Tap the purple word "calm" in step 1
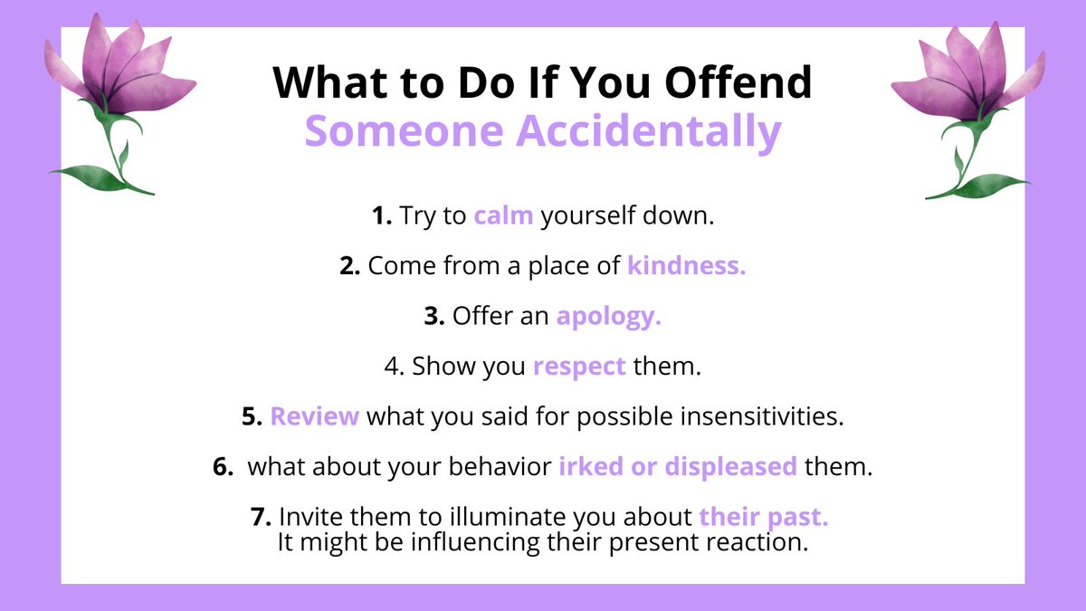(x=503, y=217)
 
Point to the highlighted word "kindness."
(x=687, y=267)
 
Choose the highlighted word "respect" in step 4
(x=579, y=368)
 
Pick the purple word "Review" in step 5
(x=315, y=417)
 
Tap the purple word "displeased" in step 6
(x=730, y=467)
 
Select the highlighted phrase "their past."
(x=764, y=518)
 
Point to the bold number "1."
(x=381, y=217)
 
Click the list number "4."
(x=395, y=368)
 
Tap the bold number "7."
(x=262, y=518)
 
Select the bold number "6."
(x=224, y=467)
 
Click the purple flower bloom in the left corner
(x=118, y=68)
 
